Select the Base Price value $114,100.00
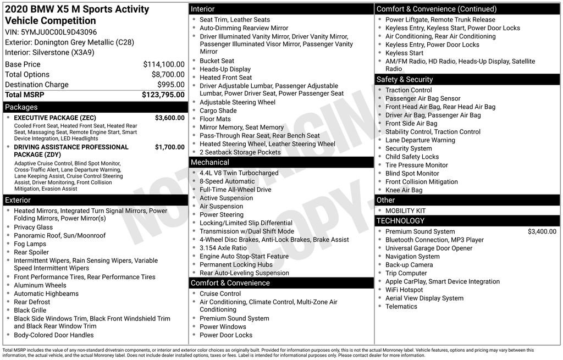click(164, 64)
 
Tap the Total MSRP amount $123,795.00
click(163, 95)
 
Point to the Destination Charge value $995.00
click(171, 85)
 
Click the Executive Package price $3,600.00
click(169, 118)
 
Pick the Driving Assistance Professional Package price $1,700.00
click(169, 147)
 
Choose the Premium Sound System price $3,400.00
click(542, 232)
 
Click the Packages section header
click(21, 107)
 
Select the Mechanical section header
click(209, 162)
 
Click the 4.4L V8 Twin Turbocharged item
click(239, 173)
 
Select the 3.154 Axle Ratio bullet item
click(223, 248)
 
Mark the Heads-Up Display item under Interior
click(225, 69)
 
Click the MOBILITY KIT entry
click(405, 211)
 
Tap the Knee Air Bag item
click(404, 190)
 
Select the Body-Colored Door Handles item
click(54, 335)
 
